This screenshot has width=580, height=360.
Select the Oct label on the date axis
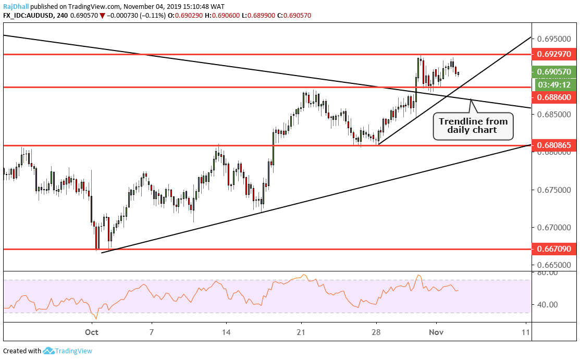pos(92,331)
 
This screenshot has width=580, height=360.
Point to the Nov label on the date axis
pos(436,331)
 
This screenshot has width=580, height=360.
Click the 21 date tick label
pos(301,331)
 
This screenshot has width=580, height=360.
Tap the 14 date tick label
pos(226,331)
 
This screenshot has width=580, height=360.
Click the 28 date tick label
pos(377,331)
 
